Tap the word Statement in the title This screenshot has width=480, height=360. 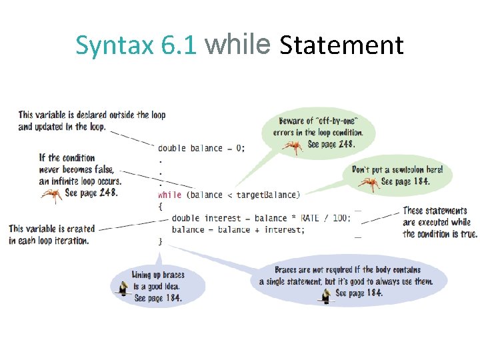341,45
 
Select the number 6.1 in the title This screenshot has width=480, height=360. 179,45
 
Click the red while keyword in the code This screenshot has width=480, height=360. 169,195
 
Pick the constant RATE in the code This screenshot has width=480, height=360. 309,218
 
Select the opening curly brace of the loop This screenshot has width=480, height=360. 160,206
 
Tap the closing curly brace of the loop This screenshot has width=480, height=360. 160,241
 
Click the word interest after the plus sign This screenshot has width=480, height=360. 283,229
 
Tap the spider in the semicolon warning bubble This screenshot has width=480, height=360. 369,182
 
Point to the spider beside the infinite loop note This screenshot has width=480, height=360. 51,194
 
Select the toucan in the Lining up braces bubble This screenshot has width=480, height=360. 123,287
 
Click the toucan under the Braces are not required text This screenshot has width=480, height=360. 325,295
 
